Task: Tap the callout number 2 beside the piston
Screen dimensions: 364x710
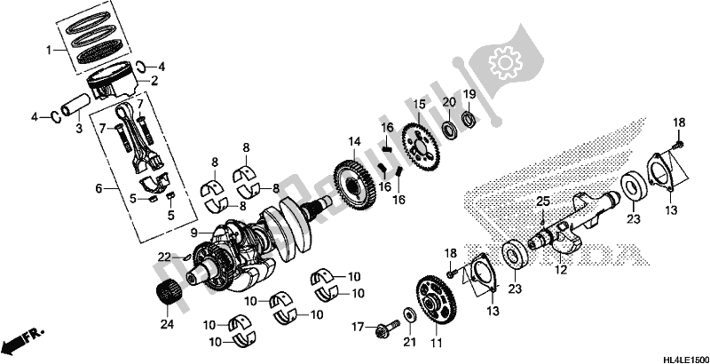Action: click(155, 81)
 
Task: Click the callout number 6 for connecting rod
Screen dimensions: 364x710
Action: click(99, 188)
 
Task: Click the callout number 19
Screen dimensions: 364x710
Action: click(470, 94)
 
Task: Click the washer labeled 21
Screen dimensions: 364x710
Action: click(408, 314)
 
